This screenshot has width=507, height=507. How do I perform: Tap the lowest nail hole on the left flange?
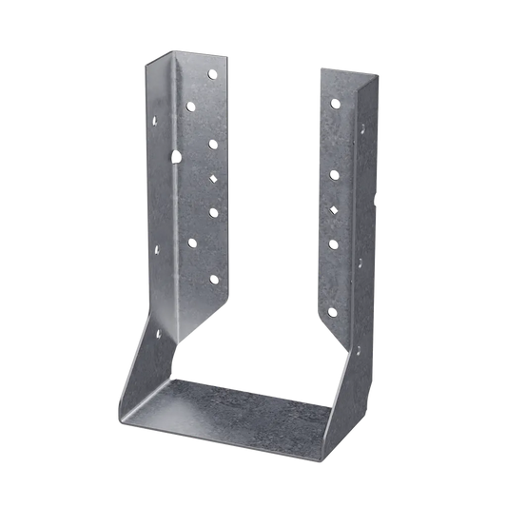212,279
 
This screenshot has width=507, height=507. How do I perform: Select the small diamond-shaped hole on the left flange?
212,178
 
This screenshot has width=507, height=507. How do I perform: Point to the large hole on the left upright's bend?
174,152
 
